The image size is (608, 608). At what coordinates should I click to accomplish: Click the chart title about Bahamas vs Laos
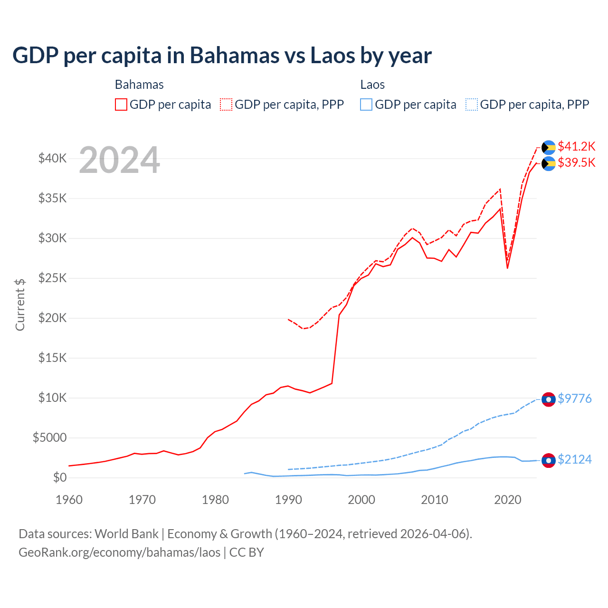(222, 56)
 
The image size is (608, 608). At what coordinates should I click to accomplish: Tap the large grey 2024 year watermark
(119, 161)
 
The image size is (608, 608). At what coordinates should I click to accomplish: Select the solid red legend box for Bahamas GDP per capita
(121, 104)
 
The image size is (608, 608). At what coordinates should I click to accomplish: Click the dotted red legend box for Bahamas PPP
(226, 104)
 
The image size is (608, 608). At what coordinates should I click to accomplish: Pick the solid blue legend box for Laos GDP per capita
(366, 104)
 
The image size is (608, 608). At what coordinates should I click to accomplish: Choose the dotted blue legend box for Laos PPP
(472, 104)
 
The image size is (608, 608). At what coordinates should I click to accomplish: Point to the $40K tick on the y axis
(52, 158)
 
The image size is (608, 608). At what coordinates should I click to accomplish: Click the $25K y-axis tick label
(52, 278)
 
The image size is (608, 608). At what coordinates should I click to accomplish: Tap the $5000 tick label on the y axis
(49, 437)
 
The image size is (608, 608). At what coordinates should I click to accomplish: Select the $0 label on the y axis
(59, 477)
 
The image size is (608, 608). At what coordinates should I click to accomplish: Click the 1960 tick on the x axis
(69, 500)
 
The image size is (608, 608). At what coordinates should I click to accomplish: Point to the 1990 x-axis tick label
(288, 500)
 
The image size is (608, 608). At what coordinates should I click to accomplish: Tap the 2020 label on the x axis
(508, 500)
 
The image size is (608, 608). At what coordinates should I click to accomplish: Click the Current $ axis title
(20, 304)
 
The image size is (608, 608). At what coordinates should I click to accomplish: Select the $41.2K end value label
(576, 146)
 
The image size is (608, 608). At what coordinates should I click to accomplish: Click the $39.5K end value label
(576, 162)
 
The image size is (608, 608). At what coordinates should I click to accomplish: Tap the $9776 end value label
(574, 399)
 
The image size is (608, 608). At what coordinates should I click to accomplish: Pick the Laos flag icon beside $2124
(549, 460)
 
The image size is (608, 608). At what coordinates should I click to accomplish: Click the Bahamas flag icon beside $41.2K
(549, 147)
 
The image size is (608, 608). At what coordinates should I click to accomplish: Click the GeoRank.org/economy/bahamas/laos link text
(119, 552)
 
